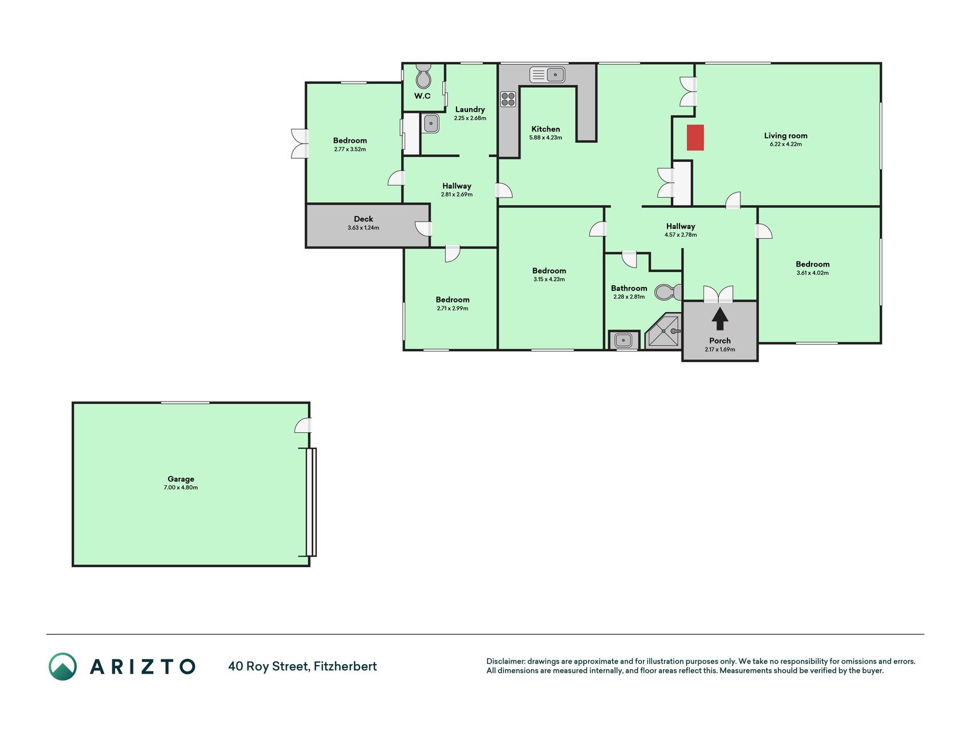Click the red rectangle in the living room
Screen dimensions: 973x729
[695, 138]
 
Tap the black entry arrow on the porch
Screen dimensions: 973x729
[720, 319]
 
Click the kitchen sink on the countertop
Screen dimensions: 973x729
[547, 75]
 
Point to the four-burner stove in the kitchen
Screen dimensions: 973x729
[508, 99]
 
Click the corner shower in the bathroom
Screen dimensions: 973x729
[663, 330]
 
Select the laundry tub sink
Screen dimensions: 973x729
[431, 123]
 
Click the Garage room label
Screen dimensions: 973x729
[181, 479]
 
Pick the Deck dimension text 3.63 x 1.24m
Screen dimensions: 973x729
[363, 228]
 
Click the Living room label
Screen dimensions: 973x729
[785, 136]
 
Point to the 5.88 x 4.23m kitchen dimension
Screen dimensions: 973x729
[545, 138]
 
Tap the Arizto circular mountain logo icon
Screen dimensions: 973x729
[63, 666]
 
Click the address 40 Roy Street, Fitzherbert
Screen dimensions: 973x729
[302, 666]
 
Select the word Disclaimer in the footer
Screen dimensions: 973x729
[505, 661]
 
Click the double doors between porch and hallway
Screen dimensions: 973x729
[718, 294]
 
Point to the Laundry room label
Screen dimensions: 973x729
[470, 109]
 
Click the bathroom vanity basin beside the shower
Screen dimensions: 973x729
[623, 341]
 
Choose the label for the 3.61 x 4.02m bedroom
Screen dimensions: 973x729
[812, 264]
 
